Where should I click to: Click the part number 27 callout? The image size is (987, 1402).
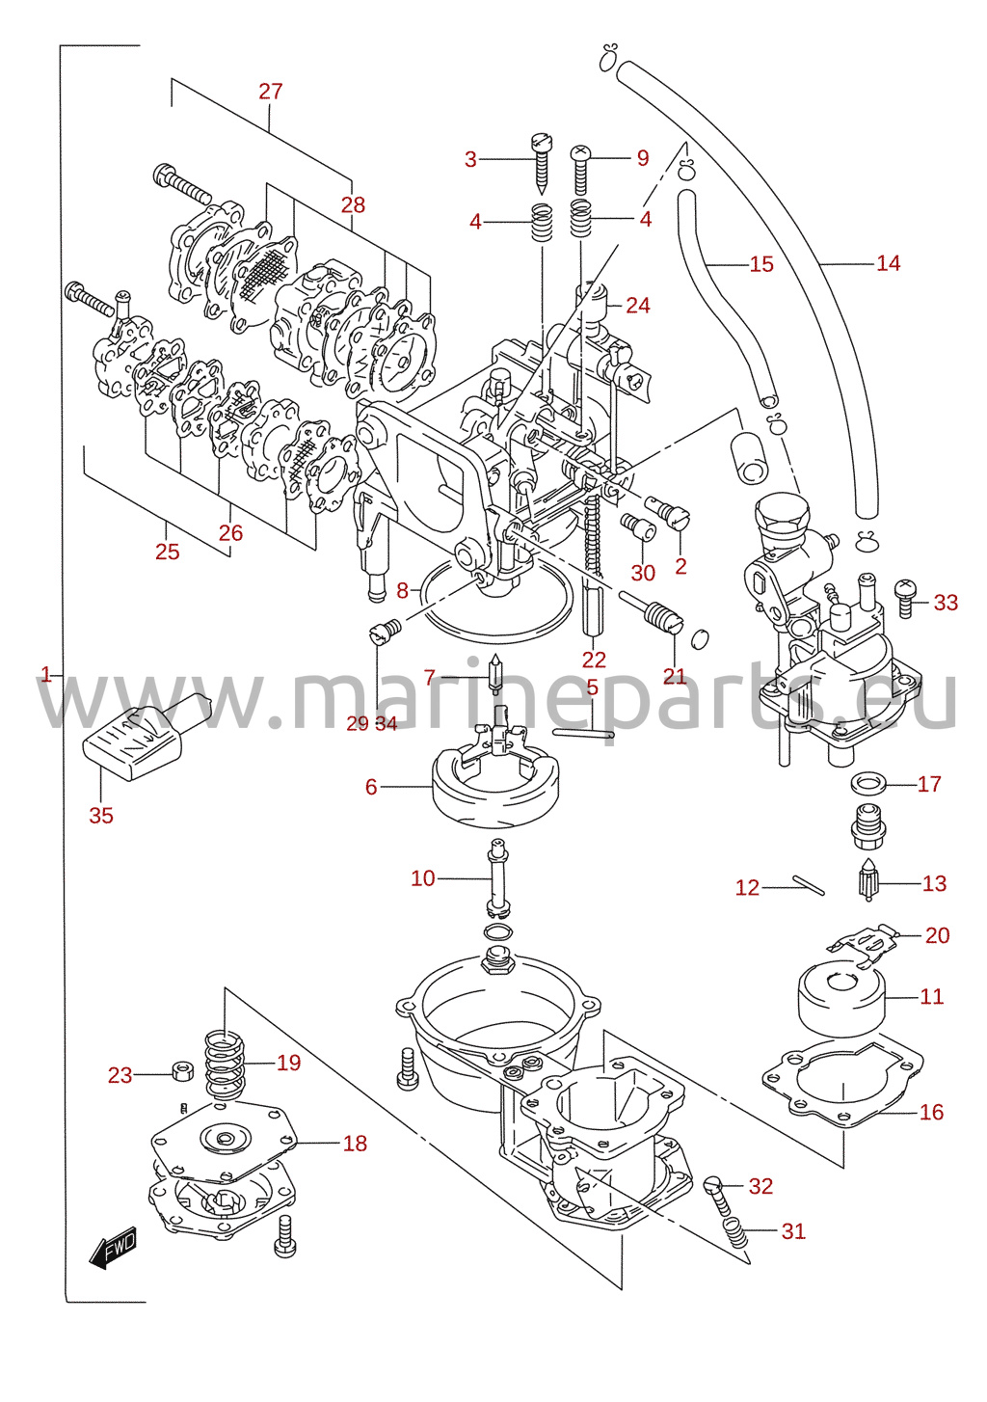click(x=271, y=92)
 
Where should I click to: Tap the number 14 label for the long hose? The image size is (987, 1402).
click(x=888, y=263)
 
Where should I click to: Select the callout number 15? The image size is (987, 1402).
click(x=761, y=264)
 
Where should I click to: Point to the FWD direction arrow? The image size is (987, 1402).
click(x=113, y=1246)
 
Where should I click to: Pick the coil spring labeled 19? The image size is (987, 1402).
click(x=226, y=1065)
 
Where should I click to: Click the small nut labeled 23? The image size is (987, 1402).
click(x=181, y=1074)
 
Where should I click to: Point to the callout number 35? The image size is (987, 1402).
click(x=101, y=816)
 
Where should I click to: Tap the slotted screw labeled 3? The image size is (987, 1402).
click(x=541, y=162)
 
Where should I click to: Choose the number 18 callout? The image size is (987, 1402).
click(x=356, y=1144)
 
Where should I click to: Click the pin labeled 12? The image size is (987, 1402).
click(x=808, y=884)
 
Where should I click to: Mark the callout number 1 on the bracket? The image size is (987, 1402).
click(x=45, y=674)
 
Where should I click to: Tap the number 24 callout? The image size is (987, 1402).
click(x=638, y=306)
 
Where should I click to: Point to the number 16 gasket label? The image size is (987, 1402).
click(x=931, y=1112)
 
